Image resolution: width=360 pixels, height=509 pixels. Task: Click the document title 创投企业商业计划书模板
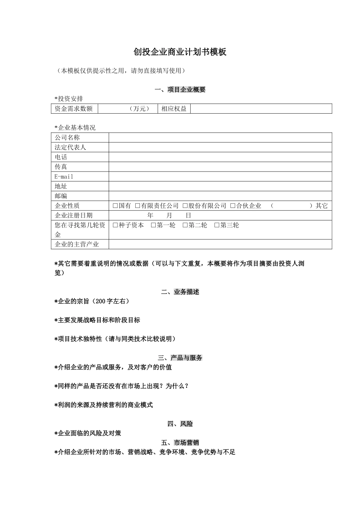pos(180,52)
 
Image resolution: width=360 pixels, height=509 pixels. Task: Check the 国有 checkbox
pos(115,206)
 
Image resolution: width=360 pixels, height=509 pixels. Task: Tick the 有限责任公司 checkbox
pos(138,206)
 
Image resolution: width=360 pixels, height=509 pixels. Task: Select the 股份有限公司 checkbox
pos(185,206)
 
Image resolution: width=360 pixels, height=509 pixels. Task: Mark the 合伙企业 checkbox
pos(233,206)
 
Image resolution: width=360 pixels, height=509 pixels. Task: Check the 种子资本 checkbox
pos(115,225)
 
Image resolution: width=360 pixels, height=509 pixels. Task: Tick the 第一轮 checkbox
pos(153,225)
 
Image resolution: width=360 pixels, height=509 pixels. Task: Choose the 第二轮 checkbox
pos(185,225)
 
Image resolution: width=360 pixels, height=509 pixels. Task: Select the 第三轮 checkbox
pos(217,225)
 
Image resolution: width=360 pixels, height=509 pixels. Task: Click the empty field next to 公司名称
pos(220,137)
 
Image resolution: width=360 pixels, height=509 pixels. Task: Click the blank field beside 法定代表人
pos(220,147)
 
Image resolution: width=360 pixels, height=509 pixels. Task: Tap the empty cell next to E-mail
pos(220,176)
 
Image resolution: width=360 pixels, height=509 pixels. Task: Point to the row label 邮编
pos(61,196)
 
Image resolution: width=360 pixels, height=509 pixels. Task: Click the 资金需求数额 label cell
pos(74,109)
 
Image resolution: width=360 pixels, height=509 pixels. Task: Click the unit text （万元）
pos(139,109)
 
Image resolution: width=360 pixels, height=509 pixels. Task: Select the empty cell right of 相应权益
pos(261,109)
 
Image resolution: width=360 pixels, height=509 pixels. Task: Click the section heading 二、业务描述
pos(180,292)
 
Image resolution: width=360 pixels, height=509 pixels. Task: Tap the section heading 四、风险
pos(180,424)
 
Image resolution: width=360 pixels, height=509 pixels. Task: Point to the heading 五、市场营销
pos(180,443)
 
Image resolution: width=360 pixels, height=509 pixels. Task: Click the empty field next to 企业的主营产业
pos(220,244)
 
